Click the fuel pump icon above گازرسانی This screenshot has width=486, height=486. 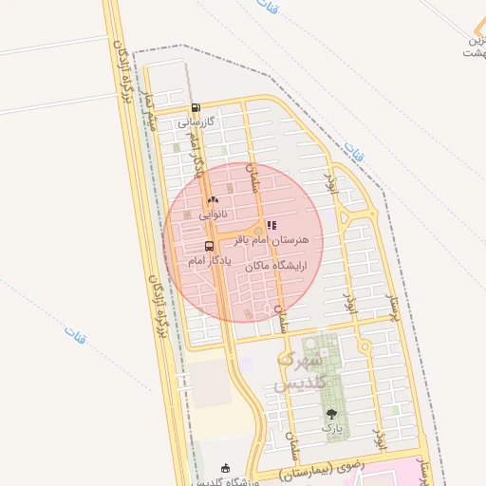[x=195, y=108]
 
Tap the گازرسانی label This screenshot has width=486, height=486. [x=197, y=122]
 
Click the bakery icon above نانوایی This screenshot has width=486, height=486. [x=213, y=200]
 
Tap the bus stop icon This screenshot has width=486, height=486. [x=209, y=246]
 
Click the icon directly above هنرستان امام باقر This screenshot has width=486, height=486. [x=271, y=226]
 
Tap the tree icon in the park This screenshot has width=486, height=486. [x=331, y=414]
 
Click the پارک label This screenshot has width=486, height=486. [x=331, y=428]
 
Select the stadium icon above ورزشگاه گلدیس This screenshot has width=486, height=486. [x=225, y=468]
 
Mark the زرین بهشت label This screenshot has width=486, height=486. [x=473, y=47]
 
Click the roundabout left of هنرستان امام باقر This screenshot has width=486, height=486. [x=256, y=231]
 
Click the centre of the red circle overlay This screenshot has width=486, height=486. [x=243, y=242]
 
